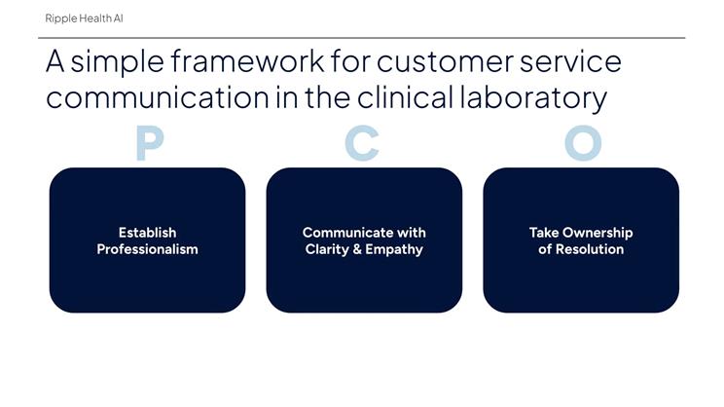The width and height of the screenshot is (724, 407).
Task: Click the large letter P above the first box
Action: tap(148, 143)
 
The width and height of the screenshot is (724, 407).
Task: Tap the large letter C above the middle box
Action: tap(362, 143)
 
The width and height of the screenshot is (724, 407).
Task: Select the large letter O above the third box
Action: tap(582, 143)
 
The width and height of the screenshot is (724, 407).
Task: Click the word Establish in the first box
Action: tap(147, 233)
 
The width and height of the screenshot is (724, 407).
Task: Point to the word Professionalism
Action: tap(147, 249)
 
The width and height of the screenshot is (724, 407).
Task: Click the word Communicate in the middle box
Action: tap(341, 233)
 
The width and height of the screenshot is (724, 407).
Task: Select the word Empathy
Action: tap(394, 249)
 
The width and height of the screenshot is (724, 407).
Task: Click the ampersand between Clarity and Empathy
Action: tap(358, 249)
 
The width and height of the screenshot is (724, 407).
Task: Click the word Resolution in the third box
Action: tap(589, 249)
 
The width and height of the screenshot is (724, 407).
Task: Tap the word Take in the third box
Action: tap(544, 233)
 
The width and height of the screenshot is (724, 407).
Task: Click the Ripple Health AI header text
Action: tap(84, 18)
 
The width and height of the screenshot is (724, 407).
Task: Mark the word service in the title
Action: tap(573, 63)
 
